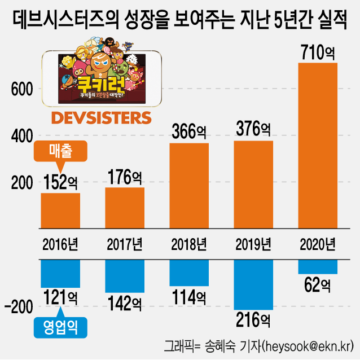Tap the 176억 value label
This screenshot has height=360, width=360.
125,177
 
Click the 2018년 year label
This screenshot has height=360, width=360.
189,244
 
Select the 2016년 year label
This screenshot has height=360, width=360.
60,244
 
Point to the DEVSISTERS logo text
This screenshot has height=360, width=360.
102,118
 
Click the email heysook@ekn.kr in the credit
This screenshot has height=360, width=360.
305,345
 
